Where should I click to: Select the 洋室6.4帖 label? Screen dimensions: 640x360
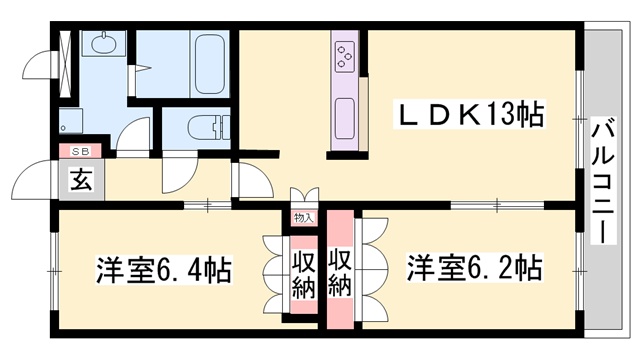[164, 270]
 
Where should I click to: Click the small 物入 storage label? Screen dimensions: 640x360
[303, 217]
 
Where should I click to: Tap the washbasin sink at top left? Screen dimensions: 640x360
[102, 45]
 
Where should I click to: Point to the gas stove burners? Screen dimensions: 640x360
[345, 54]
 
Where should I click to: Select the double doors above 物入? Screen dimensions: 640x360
[303, 197]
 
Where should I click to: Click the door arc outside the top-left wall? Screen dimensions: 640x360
[36, 62]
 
